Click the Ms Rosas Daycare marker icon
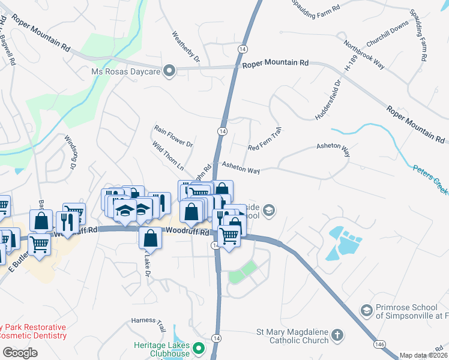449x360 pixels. (170, 71)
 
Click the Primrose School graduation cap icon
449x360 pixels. (366, 310)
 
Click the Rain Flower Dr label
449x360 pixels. (173, 136)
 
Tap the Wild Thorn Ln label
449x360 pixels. (168, 155)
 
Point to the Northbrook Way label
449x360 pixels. (364, 55)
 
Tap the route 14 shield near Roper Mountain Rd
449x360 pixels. (243, 48)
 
